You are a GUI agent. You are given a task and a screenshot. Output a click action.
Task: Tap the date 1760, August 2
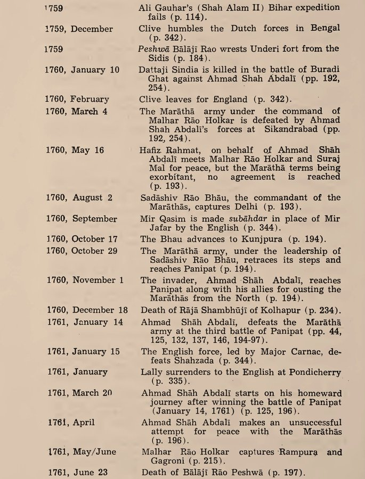click(x=79, y=197)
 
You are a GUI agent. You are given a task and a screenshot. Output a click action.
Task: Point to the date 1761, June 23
click(x=78, y=472)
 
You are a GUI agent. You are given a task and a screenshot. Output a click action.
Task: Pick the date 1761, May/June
click(x=82, y=451)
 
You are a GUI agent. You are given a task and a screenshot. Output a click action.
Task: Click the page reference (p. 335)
click(x=169, y=381)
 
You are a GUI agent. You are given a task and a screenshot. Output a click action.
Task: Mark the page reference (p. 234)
click(x=324, y=310)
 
